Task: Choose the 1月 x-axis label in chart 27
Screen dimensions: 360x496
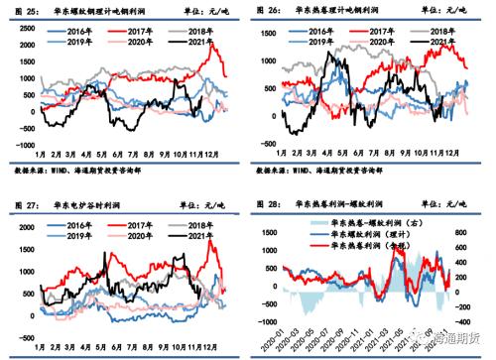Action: click(x=41, y=331)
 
